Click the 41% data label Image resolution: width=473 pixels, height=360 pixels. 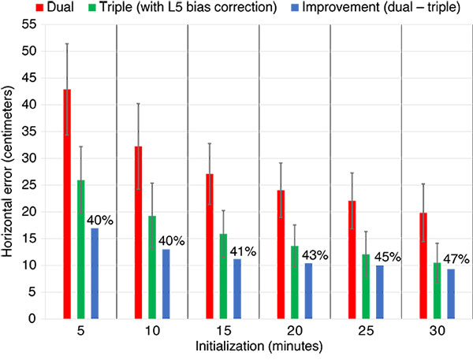(x=242, y=252)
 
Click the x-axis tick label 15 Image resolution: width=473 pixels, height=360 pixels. (x=224, y=329)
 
